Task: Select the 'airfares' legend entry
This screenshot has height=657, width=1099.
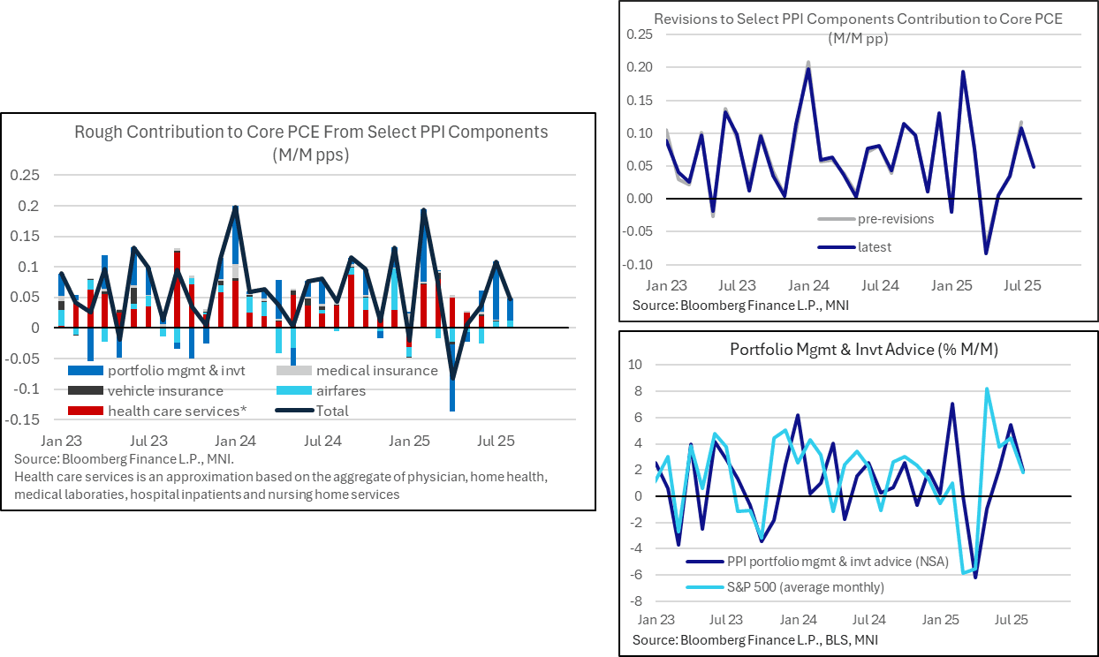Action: (x=340, y=390)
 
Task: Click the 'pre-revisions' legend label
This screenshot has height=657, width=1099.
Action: (x=895, y=219)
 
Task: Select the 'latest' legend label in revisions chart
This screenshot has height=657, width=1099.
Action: (x=875, y=247)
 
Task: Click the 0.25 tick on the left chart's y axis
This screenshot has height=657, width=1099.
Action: (x=26, y=175)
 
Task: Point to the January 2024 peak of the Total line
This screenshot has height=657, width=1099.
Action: (x=236, y=207)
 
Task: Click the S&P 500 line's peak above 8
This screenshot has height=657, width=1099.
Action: (x=987, y=389)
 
